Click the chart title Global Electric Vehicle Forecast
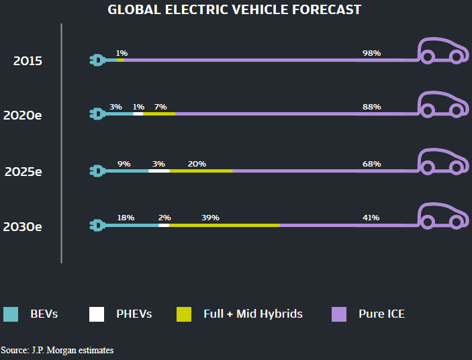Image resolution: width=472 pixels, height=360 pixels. [234, 9]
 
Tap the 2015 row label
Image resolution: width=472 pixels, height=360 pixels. [28, 61]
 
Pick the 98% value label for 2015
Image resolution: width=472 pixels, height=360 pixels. [371, 52]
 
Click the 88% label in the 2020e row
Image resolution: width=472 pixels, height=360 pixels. [371, 107]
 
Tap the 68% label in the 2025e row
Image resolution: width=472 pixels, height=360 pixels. [371, 164]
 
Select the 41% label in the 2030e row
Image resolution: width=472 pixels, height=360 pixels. [371, 218]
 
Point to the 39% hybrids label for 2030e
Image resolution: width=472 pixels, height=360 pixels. [210, 218]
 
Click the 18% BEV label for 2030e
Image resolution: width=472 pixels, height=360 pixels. [126, 218]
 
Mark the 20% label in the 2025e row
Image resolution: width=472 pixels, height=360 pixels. [197, 164]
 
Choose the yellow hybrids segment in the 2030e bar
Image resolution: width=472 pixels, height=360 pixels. [224, 225]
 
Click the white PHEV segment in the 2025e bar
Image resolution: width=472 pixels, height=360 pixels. [158, 171]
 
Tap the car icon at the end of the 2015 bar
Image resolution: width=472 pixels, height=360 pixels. [442, 50]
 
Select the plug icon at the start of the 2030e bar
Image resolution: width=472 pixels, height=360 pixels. [97, 225]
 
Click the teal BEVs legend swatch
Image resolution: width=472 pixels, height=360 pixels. [11, 314]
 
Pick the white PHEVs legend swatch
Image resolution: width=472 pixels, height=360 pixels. [97, 314]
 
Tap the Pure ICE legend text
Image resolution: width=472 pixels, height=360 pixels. [381, 314]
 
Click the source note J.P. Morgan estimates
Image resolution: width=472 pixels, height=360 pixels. [57, 351]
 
